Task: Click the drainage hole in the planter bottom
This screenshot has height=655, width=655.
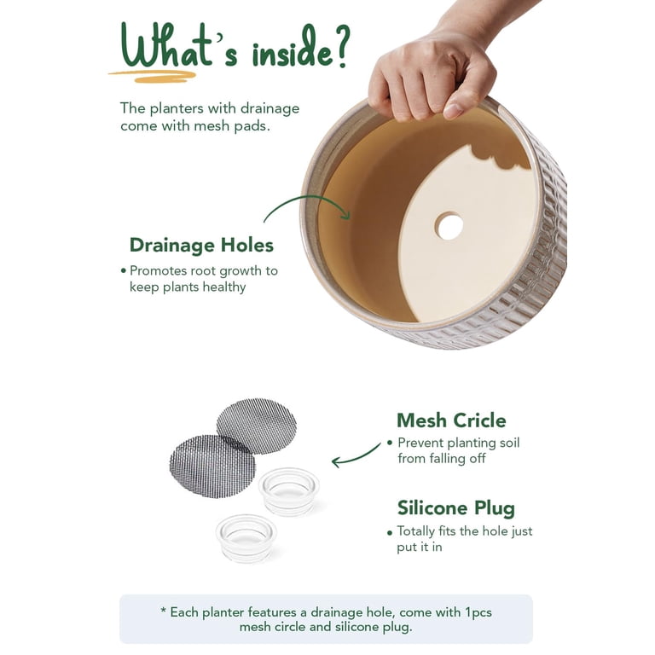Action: [449, 226]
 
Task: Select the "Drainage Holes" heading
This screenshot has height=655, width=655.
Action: [201, 245]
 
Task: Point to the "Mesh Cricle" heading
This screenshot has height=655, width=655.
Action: [451, 420]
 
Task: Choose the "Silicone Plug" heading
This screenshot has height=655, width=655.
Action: [456, 509]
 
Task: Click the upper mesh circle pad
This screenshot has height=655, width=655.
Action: [257, 426]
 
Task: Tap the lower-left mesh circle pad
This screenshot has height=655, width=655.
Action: [212, 467]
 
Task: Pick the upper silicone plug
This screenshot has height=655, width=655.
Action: [288, 490]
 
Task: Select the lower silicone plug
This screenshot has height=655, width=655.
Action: [246, 537]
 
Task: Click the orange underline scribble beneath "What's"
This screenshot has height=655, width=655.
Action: [153, 76]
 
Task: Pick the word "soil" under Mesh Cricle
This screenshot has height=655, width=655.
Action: [509, 443]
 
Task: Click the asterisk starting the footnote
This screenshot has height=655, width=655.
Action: [164, 611]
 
